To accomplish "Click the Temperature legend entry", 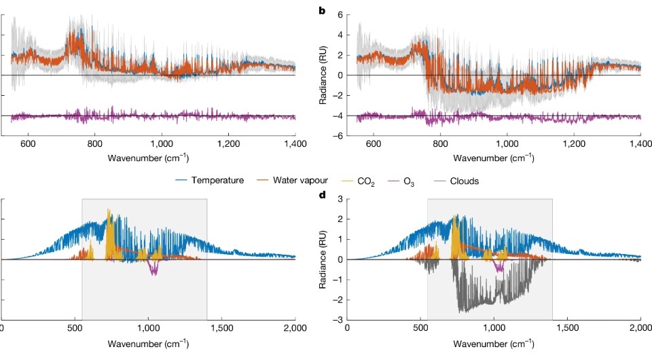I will pyautogui.click(x=218, y=181).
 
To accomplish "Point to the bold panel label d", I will pyautogui.click(x=332, y=196).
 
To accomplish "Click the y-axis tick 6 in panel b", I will pyautogui.click(x=338, y=14).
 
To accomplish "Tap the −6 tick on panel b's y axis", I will pyautogui.click(x=335, y=136).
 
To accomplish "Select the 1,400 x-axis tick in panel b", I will pyautogui.click(x=640, y=145).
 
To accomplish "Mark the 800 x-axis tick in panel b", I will pyautogui.click(x=440, y=145).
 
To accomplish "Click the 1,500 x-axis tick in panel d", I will pyautogui.click(x=567, y=328).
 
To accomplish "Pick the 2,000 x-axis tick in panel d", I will pyautogui.click(x=640, y=328).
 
